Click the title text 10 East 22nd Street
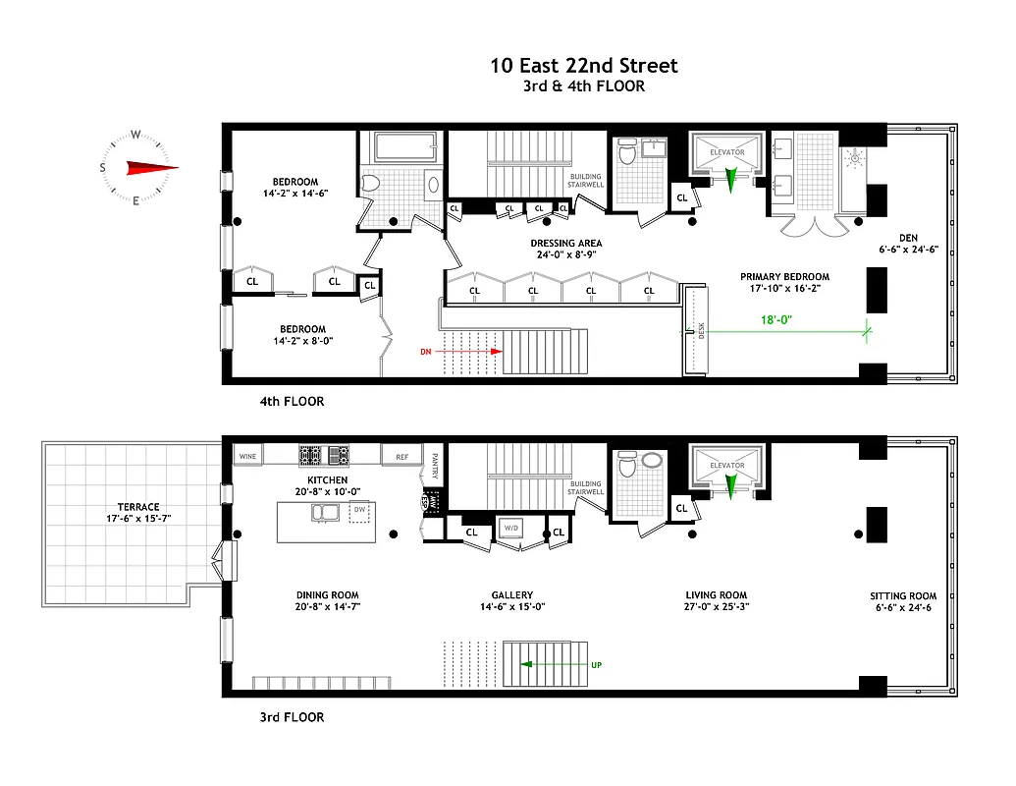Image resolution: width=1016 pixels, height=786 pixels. [584, 66]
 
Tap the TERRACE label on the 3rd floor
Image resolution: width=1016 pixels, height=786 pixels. [138, 507]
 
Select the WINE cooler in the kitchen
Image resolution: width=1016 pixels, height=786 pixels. [246, 456]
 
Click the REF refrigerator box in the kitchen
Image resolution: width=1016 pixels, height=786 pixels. [401, 456]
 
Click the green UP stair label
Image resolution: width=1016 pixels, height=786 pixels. [596, 665]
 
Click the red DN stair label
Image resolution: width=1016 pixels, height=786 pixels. [425, 350]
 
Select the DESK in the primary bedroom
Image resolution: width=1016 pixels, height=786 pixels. [700, 331]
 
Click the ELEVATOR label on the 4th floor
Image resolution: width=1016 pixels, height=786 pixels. [726, 152]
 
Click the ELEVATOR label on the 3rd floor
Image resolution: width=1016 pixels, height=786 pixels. [726, 465]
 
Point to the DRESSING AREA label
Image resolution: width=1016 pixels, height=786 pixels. [566, 243]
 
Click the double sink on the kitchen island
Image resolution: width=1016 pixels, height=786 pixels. [325, 512]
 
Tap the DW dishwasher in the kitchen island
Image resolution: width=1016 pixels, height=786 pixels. [359, 510]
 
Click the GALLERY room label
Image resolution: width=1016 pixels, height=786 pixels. [512, 594]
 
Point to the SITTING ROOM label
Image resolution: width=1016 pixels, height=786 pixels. [903, 595]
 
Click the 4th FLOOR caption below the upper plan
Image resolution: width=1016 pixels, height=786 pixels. [292, 401]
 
